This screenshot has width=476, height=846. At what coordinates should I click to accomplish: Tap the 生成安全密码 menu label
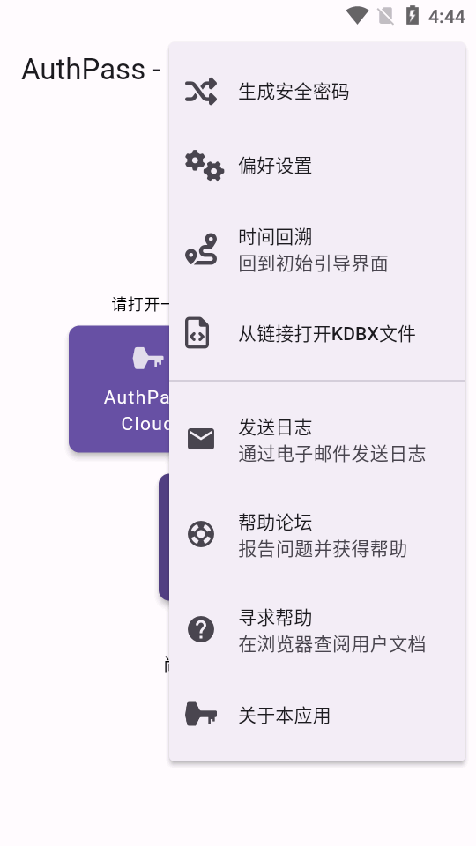[x=294, y=92]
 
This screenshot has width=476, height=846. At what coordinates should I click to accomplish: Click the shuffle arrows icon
[x=201, y=91]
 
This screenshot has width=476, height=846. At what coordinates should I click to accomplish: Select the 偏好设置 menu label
[x=275, y=166]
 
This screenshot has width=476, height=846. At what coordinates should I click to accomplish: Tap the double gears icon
[x=204, y=165]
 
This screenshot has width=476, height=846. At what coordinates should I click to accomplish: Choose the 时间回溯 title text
[x=275, y=237]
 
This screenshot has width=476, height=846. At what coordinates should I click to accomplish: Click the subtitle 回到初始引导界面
[x=313, y=263]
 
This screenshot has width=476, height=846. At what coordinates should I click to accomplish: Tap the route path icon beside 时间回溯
[x=201, y=249]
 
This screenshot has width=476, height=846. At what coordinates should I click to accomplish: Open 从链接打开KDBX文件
[x=327, y=334]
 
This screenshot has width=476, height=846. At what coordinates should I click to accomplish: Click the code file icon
[x=197, y=333]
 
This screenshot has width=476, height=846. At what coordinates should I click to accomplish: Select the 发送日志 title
[x=275, y=427]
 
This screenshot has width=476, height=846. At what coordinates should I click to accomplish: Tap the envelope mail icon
[x=201, y=439]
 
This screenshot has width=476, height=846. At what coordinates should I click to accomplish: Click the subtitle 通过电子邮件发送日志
[x=332, y=454]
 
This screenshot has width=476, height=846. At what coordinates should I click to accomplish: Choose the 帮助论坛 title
[x=275, y=523]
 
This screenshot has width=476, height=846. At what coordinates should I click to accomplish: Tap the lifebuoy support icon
[x=201, y=534]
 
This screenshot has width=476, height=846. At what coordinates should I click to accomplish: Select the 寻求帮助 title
[x=275, y=618]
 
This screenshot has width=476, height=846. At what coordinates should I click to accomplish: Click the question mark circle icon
[x=201, y=629]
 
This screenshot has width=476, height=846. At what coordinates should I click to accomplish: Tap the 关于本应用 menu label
[x=285, y=716]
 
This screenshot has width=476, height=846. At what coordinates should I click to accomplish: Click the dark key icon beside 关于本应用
[x=201, y=715]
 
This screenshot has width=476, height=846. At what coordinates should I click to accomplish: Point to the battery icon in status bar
[x=412, y=15]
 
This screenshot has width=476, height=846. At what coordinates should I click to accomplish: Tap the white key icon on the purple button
[x=148, y=358]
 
